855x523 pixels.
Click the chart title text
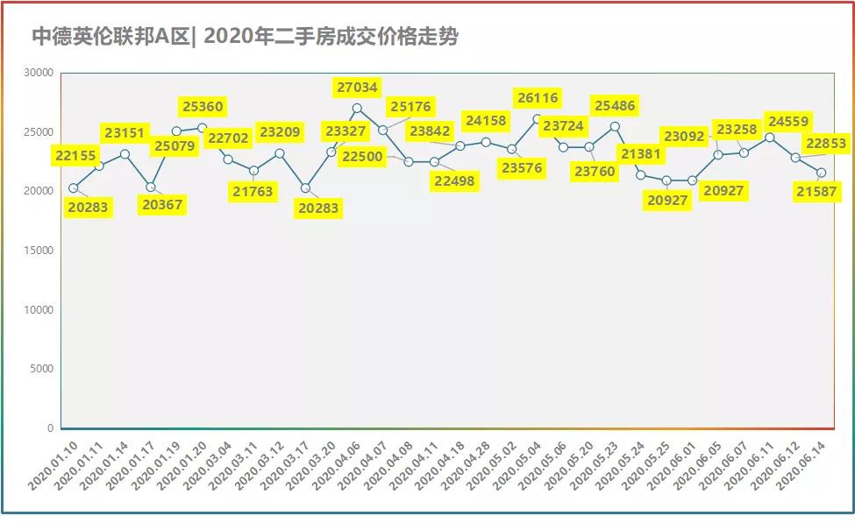tap(245, 37)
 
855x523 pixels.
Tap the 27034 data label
tap(358, 87)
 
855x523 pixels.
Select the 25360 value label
tap(203, 107)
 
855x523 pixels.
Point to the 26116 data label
tap(538, 97)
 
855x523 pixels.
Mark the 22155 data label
tap(80, 155)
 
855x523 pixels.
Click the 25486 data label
tap(615, 106)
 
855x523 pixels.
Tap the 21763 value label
tap(253, 191)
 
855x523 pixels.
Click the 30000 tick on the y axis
tap(39, 73)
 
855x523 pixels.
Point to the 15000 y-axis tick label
tap(39, 251)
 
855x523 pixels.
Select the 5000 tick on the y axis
tap(42, 369)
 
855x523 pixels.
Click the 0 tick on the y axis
tap(50, 428)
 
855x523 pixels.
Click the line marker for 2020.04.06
tap(357, 109)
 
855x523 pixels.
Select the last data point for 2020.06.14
tap(821, 173)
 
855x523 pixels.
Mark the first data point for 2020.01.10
tap(74, 188)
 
